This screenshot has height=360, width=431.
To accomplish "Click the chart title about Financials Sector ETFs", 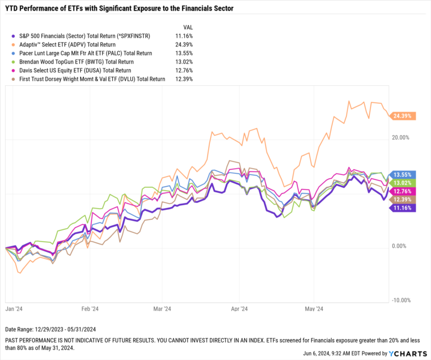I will (120, 8).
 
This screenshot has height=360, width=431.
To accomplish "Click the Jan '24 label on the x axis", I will (13, 308).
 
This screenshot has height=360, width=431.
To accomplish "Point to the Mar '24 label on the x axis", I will (162, 308).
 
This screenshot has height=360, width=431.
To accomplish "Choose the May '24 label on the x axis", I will (314, 308).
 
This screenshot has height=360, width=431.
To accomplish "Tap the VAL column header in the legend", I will (189, 26).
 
